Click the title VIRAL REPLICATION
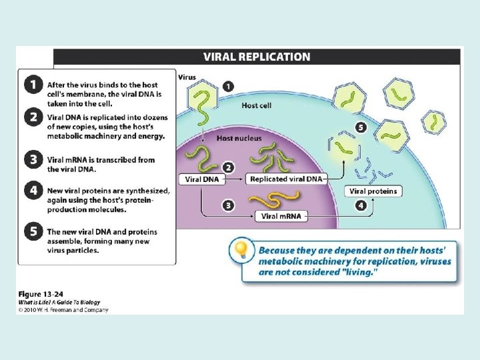tap(257, 57)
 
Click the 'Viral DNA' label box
tap(202, 179)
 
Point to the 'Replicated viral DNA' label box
tap(285, 179)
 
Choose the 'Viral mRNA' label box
tap(281, 216)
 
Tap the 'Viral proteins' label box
tap(373, 191)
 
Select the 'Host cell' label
tap(257, 105)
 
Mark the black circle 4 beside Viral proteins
tap(361, 205)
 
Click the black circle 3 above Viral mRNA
tap(228, 205)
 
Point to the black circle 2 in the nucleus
tap(228, 167)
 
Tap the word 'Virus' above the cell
tap(187, 77)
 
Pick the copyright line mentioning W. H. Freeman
tap(63, 309)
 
